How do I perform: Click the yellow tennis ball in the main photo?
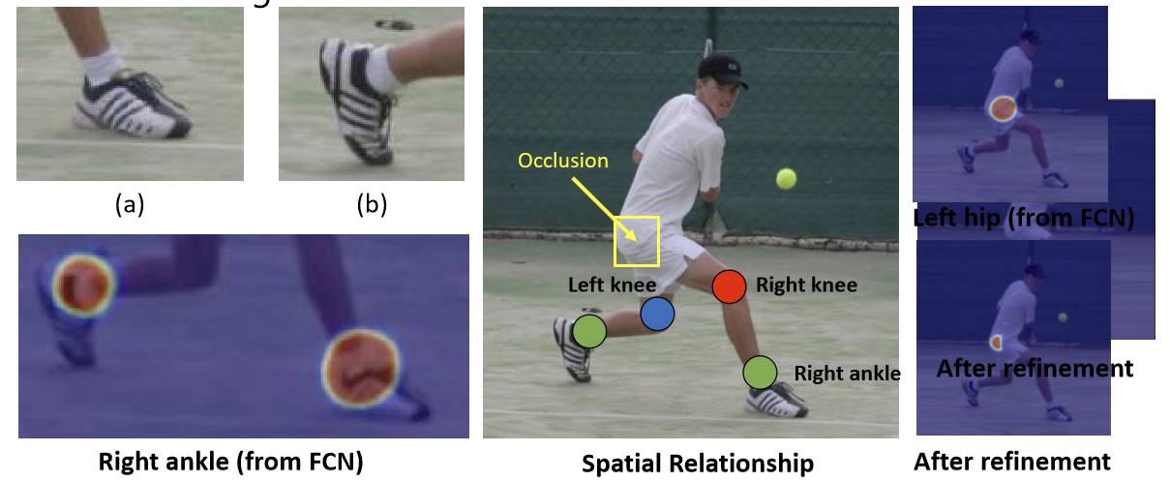(x=786, y=179)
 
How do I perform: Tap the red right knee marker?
(x=729, y=286)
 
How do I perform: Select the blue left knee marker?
(x=657, y=314)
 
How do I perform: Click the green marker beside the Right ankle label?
(x=760, y=371)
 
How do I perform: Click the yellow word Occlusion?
(x=563, y=161)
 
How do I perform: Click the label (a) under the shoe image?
(x=129, y=205)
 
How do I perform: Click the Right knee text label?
(x=806, y=286)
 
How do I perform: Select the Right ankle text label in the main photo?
(x=847, y=373)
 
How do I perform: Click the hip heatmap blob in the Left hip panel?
(x=1003, y=107)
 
